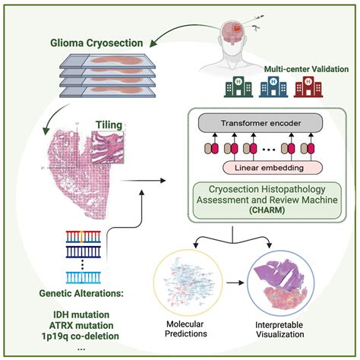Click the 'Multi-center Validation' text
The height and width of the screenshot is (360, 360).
tap(307, 69)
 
